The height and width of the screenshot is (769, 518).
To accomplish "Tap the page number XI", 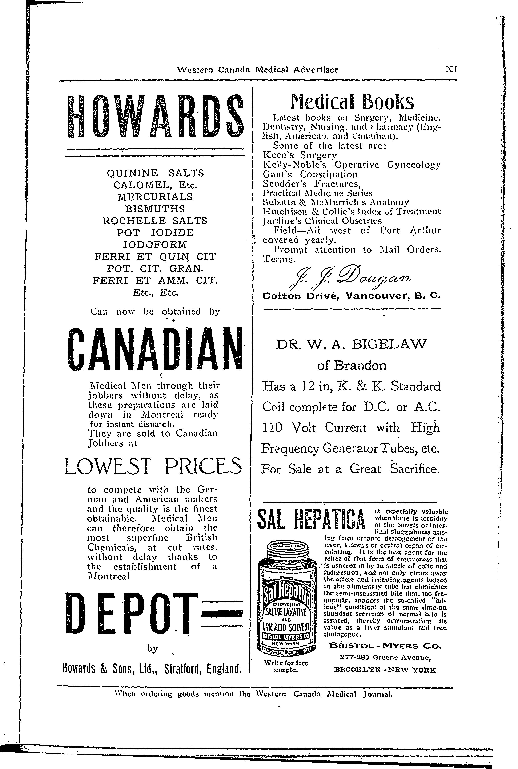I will coord(451,70).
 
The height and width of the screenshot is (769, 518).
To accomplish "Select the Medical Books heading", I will coord(352,102).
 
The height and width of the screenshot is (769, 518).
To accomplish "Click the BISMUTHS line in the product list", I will coord(155,209).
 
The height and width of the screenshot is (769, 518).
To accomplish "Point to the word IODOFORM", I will coord(155,245).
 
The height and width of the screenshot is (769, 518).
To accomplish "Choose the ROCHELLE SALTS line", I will coord(155,221).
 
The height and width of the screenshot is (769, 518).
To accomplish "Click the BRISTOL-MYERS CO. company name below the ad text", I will coord(385,646).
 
